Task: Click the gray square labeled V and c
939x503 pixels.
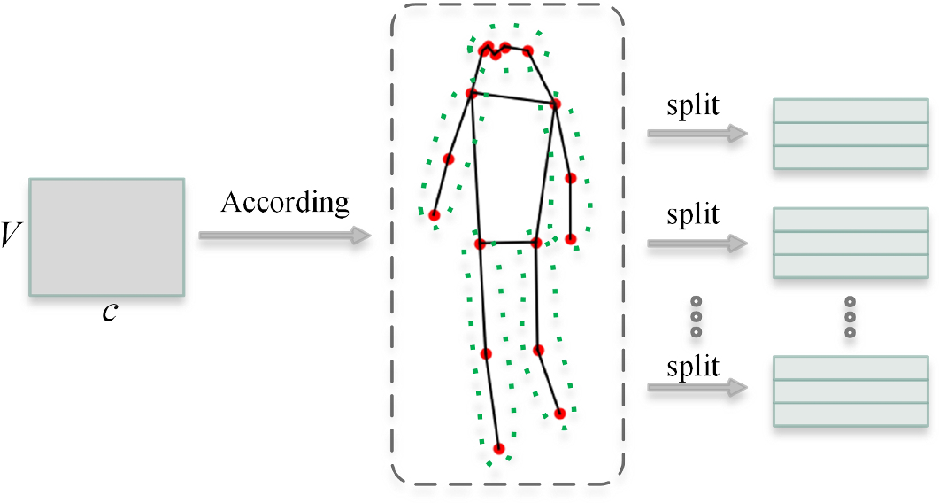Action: (107, 236)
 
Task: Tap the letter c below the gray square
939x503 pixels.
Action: (107, 313)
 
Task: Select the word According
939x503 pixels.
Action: (284, 203)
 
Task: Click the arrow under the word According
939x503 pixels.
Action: (284, 236)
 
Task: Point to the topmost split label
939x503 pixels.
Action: (693, 105)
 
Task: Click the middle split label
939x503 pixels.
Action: (693, 214)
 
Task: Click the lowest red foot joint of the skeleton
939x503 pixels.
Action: (498, 449)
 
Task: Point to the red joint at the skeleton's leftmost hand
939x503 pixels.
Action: (435, 214)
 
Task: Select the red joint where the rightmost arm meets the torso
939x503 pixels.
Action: (556, 104)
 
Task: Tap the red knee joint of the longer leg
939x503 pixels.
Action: (485, 354)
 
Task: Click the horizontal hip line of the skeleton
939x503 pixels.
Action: (507, 242)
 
